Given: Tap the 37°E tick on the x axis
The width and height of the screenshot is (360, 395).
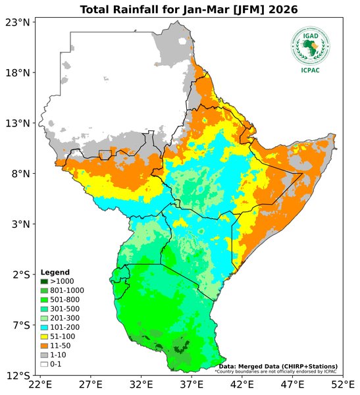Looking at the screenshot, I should (x=191, y=384).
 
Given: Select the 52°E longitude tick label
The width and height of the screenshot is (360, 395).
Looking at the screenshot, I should (x=342, y=384).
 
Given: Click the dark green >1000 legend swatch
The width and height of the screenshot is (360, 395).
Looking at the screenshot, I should (x=44, y=282).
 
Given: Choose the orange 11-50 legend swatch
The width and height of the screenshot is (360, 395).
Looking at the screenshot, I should (x=44, y=346).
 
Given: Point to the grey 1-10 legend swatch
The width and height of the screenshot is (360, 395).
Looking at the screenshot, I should (x=44, y=355).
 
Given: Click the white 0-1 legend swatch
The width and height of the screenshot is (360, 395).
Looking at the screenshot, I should (x=44, y=364).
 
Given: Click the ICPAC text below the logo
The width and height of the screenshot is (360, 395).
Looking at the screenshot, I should (x=311, y=71).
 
